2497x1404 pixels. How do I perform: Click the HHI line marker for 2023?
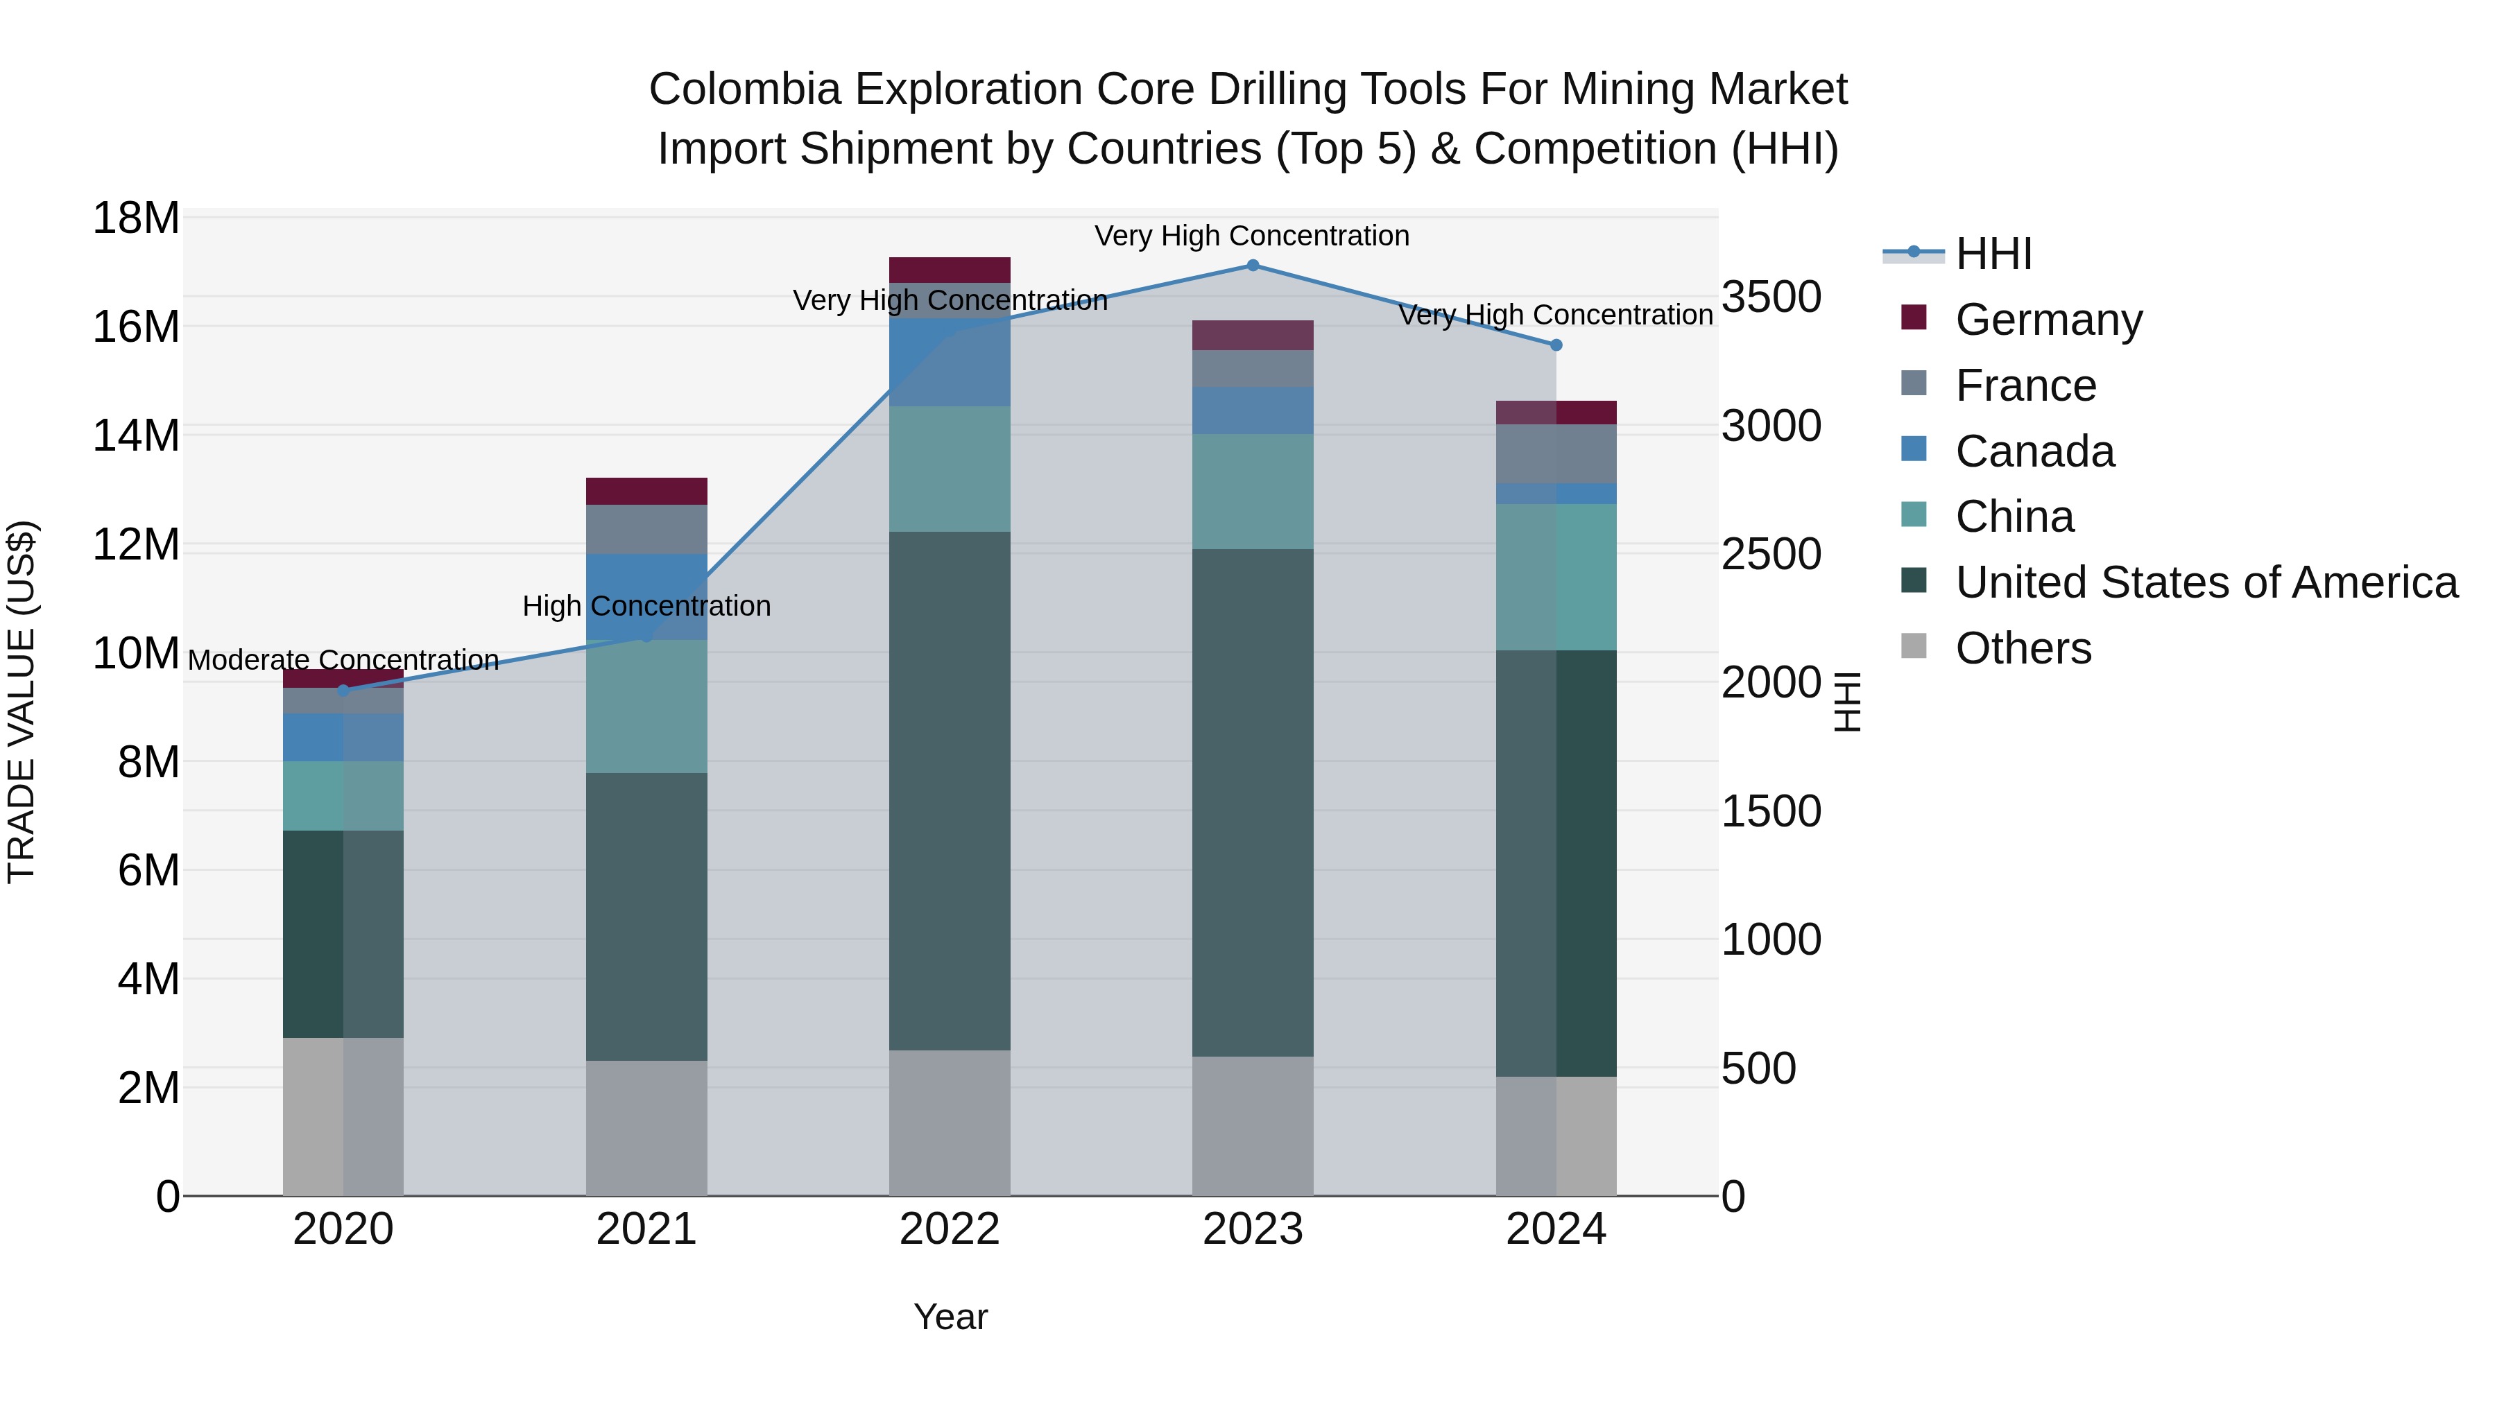coord(1253,266)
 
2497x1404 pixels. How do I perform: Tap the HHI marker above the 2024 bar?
coord(1556,345)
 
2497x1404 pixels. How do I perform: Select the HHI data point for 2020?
coord(343,690)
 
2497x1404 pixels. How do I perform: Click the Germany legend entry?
coord(2048,320)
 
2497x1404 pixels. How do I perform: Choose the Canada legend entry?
coord(2034,451)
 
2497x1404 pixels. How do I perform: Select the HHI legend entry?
coord(1992,254)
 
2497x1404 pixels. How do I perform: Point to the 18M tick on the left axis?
coord(136,218)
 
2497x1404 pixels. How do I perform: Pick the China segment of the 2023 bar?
coord(1253,492)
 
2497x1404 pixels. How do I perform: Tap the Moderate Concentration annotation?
coord(343,660)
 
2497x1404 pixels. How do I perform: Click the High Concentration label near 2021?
coord(646,607)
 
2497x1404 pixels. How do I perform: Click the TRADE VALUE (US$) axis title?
coord(22,702)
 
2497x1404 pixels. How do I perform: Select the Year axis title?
coord(950,1317)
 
